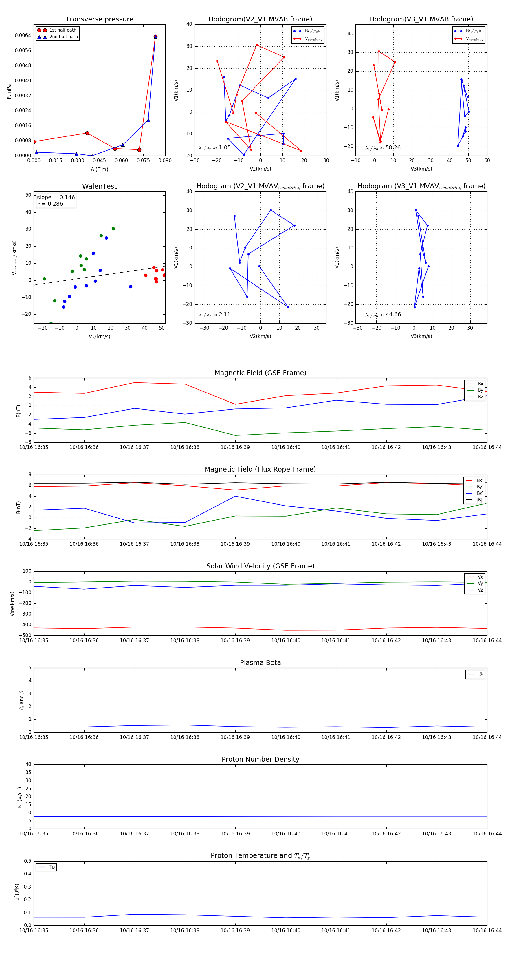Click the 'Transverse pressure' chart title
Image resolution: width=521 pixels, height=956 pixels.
99,19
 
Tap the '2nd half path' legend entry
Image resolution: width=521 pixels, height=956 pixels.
63,37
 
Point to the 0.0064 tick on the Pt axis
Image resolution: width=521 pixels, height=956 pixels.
23,36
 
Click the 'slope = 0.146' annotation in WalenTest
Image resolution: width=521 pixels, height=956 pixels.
56,198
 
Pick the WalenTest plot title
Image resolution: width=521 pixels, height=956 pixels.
99,186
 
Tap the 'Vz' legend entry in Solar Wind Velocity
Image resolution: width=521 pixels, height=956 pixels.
480,590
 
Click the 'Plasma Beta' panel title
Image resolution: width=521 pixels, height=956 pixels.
260,663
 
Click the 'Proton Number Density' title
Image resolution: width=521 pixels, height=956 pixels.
260,759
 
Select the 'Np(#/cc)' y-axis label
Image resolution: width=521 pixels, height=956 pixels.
20,797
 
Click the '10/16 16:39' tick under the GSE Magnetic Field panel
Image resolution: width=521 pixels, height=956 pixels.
235,448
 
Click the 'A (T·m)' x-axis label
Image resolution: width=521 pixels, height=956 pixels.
99,169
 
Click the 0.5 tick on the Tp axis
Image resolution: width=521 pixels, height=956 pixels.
27,861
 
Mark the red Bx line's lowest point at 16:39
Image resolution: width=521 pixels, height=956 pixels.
235,404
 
